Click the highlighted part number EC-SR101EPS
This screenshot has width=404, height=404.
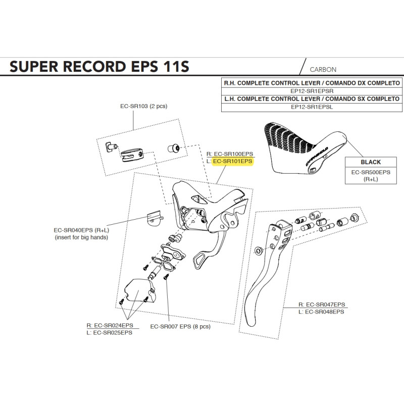(233, 162)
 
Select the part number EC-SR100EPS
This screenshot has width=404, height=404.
(233, 154)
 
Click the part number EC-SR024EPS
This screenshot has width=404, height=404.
(113, 325)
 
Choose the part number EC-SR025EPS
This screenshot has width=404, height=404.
(113, 332)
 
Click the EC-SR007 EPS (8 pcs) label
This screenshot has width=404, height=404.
(173, 326)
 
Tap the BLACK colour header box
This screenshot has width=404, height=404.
(371, 162)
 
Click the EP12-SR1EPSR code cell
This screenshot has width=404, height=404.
(313, 91)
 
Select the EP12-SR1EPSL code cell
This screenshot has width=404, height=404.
(313, 107)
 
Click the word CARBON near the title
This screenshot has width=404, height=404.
(323, 70)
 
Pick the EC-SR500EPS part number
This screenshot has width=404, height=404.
(371, 172)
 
